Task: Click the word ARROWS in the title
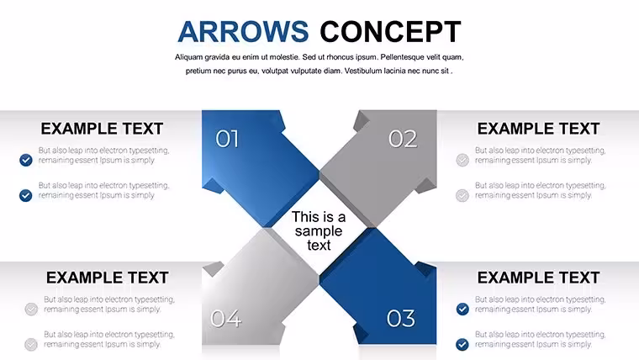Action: (x=243, y=32)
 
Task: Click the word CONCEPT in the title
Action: (x=390, y=32)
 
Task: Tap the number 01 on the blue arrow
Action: (x=227, y=139)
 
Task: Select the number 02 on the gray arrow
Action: (x=403, y=139)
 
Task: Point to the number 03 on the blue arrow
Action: (x=400, y=319)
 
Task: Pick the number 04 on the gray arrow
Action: (x=226, y=319)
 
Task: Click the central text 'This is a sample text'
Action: (x=319, y=230)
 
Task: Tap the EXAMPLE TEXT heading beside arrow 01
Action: (x=102, y=129)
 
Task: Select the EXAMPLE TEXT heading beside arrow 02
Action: (x=538, y=129)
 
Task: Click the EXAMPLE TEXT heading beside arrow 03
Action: (x=538, y=278)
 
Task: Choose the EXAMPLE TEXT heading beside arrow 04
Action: (x=107, y=278)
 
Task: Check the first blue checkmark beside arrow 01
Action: (x=26, y=160)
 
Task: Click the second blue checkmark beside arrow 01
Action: (x=26, y=195)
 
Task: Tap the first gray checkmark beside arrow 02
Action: (x=462, y=160)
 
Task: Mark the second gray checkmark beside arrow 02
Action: (x=462, y=195)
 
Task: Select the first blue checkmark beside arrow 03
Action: (x=462, y=309)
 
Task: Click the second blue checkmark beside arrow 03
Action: (x=462, y=345)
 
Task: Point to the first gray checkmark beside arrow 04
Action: (x=31, y=309)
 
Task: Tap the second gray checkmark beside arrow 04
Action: (x=31, y=345)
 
